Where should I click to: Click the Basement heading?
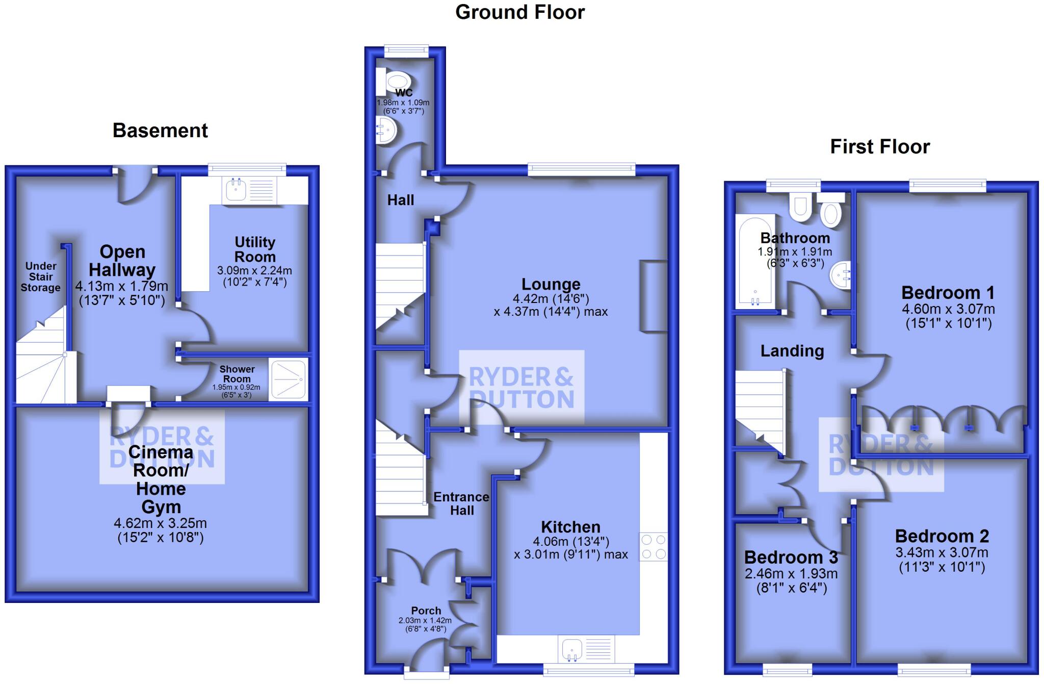tap(160, 131)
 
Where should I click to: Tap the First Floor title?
tap(880, 147)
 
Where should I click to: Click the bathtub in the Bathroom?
tap(754, 262)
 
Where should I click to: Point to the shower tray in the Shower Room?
tap(289, 379)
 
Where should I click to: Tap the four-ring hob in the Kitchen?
tap(654, 547)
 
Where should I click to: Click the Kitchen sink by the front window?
tap(572, 649)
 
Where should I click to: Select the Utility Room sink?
tap(236, 190)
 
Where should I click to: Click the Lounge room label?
tap(551, 284)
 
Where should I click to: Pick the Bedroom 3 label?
tap(791, 557)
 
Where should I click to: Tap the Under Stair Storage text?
tap(41, 276)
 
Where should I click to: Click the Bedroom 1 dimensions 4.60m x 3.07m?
tap(948, 309)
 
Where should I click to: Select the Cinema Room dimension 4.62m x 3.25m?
tap(160, 523)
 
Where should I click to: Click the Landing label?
tap(792, 351)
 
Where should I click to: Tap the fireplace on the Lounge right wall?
tap(654, 297)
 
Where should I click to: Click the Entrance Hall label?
tap(461, 503)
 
